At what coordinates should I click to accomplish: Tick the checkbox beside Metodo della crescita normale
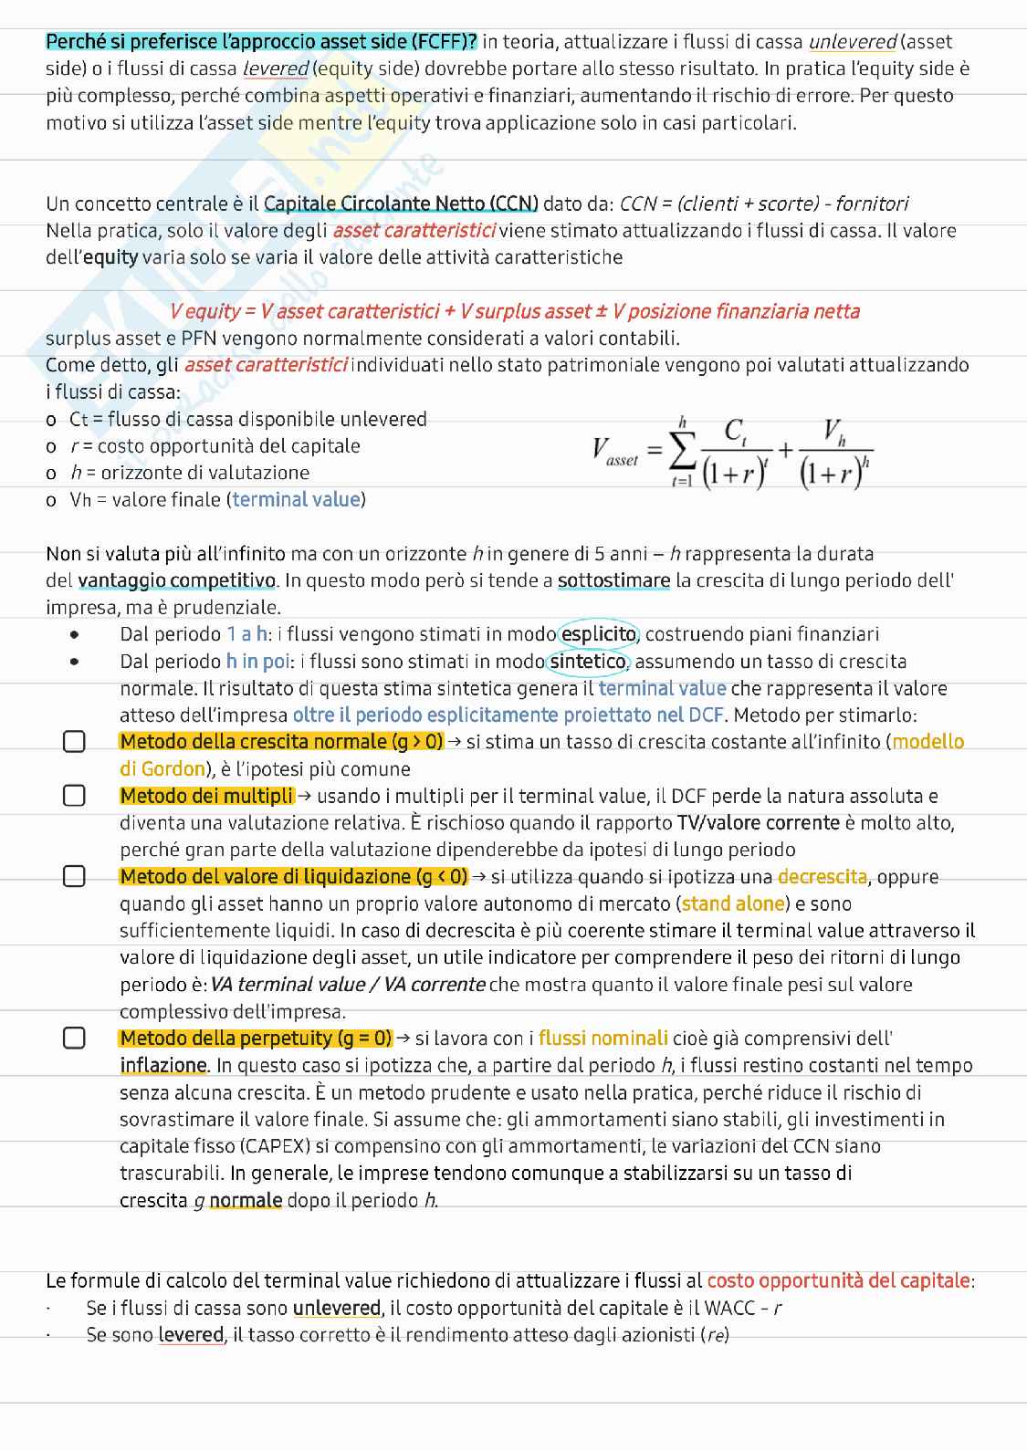[x=74, y=742]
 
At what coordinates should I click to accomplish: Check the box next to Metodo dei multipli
[x=74, y=796]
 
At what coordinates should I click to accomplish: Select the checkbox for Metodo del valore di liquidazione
[x=74, y=877]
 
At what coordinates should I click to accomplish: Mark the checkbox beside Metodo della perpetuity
[x=74, y=1038]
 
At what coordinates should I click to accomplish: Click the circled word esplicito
[x=598, y=634]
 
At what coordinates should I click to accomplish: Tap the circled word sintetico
[x=588, y=662]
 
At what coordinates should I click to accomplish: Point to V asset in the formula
[x=614, y=451]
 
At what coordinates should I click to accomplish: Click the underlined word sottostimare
[x=613, y=580]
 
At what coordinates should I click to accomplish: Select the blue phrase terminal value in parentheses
[x=297, y=499]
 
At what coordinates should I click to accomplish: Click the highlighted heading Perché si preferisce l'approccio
[x=261, y=41]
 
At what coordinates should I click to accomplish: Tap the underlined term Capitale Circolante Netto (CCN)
[x=401, y=204]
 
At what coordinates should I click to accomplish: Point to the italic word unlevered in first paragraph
[x=853, y=41]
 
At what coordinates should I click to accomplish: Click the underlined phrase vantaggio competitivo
[x=176, y=580]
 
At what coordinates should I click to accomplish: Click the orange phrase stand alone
[x=733, y=904]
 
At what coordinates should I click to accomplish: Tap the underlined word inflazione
[x=163, y=1066]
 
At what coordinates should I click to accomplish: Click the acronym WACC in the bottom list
[x=731, y=1308]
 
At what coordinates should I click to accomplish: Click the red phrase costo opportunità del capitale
[x=838, y=1280]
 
